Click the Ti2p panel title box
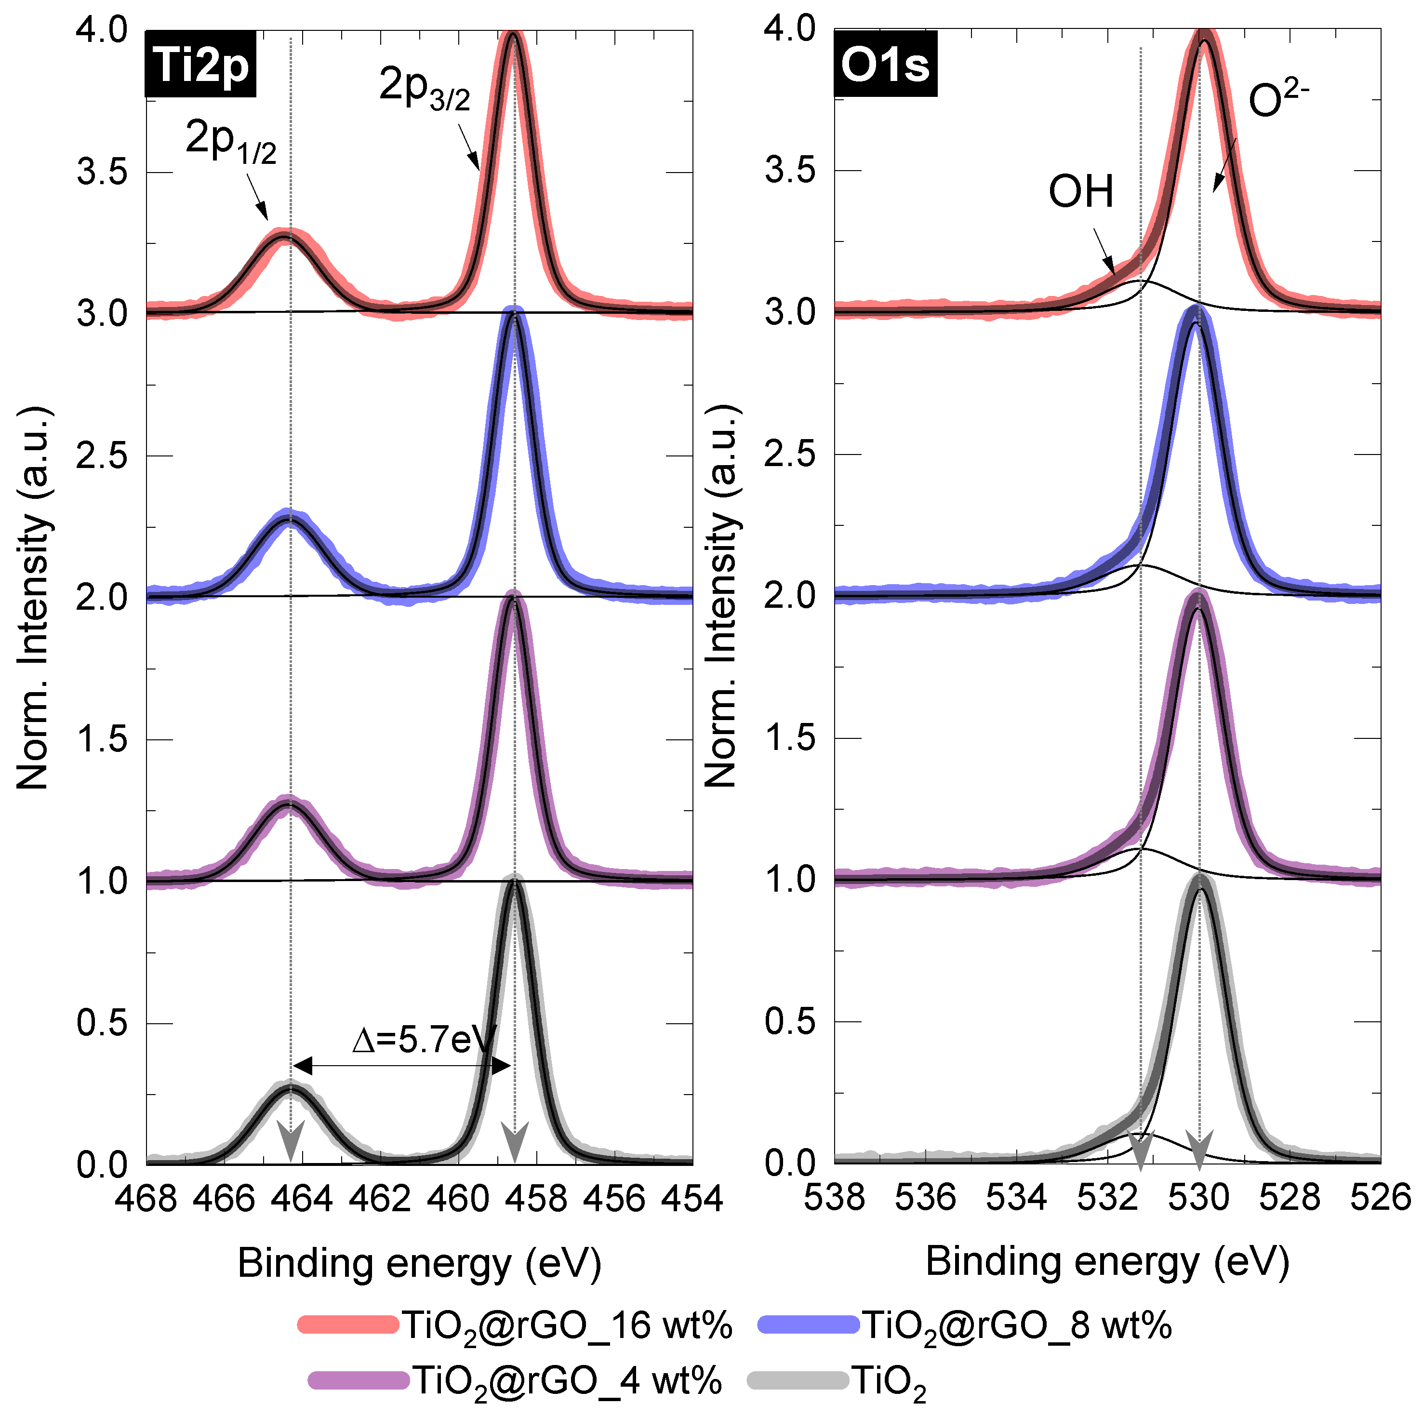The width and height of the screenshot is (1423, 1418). (200, 65)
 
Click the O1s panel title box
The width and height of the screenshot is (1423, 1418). (885, 65)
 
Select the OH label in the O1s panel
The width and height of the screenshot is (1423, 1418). (1080, 191)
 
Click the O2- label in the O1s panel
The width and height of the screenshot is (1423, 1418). (1278, 99)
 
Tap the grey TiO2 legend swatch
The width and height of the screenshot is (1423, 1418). (798, 1380)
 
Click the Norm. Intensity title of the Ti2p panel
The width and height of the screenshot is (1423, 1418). (33, 597)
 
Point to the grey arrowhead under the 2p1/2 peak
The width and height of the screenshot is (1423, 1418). (291, 1142)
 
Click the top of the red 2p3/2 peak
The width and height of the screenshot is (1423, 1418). (513, 34)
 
